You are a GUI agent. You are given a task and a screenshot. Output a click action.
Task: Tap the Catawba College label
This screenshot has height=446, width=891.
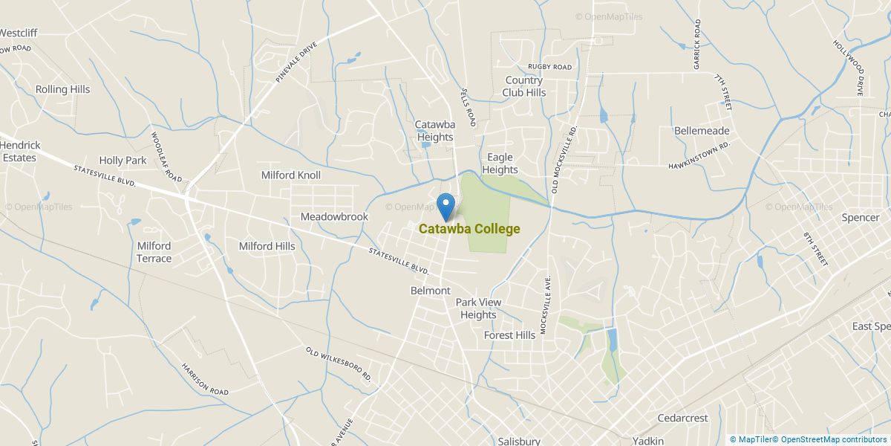(469, 229)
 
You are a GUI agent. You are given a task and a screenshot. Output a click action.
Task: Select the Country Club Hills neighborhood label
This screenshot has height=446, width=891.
(523, 86)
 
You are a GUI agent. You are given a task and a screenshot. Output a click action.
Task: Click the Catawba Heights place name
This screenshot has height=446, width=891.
(434, 131)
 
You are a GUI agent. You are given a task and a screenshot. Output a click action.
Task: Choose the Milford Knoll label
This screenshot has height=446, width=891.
(291, 175)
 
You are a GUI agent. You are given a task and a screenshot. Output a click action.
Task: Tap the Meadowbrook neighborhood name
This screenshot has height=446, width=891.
(334, 217)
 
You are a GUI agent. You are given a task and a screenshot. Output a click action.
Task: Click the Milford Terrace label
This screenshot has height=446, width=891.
(154, 253)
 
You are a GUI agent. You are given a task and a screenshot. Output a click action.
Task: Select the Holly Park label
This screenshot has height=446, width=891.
(123, 161)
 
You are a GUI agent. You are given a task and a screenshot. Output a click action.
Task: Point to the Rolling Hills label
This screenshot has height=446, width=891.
(62, 89)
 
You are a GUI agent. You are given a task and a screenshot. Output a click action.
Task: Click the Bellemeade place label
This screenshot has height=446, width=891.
(702, 131)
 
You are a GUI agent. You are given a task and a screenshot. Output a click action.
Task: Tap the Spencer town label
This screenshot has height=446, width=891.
(860, 218)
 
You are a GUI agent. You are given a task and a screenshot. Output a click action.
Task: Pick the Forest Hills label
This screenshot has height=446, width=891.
(509, 335)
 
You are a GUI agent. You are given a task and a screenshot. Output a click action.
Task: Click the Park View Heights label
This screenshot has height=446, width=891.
(478, 308)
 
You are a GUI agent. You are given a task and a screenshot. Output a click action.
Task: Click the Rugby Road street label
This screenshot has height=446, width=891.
(549, 67)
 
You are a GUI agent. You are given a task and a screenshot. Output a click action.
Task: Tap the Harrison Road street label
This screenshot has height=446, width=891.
(205, 379)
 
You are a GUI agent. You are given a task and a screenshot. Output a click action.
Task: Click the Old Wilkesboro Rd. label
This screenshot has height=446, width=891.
(338, 363)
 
